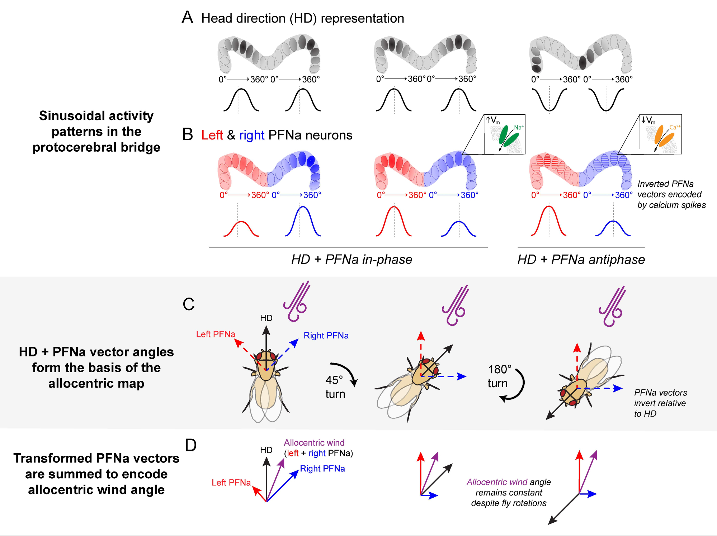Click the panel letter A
(187, 18)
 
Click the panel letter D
(190, 445)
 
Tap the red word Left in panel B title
(212, 135)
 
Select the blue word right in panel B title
(252, 135)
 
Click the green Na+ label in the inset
(519, 127)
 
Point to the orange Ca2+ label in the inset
(675, 127)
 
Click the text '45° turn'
(335, 387)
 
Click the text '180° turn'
(499, 376)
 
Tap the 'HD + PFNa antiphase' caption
(581, 259)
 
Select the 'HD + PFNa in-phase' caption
(352, 259)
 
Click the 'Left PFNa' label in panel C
(216, 334)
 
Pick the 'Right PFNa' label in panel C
(326, 336)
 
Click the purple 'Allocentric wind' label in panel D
(314, 443)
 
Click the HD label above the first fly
(266, 318)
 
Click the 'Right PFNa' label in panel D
(322, 469)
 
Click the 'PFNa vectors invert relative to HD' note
(660, 403)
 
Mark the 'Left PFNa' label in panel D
(231, 483)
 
